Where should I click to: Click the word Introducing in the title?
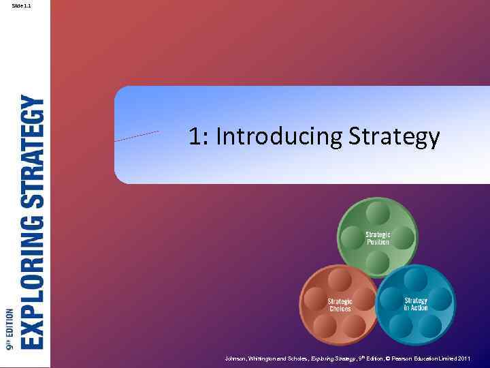click(279, 137)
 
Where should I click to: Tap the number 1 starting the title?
click(195, 137)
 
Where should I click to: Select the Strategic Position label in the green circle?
click(378, 238)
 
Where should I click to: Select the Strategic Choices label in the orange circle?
click(340, 305)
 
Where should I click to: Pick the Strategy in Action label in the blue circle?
click(416, 304)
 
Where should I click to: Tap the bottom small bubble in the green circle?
click(378, 260)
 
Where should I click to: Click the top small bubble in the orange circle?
click(340, 279)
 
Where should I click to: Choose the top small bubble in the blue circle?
click(416, 278)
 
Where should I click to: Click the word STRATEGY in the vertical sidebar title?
click(33, 151)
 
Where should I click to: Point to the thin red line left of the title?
click(137, 136)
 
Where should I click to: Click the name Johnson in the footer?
click(237, 358)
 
